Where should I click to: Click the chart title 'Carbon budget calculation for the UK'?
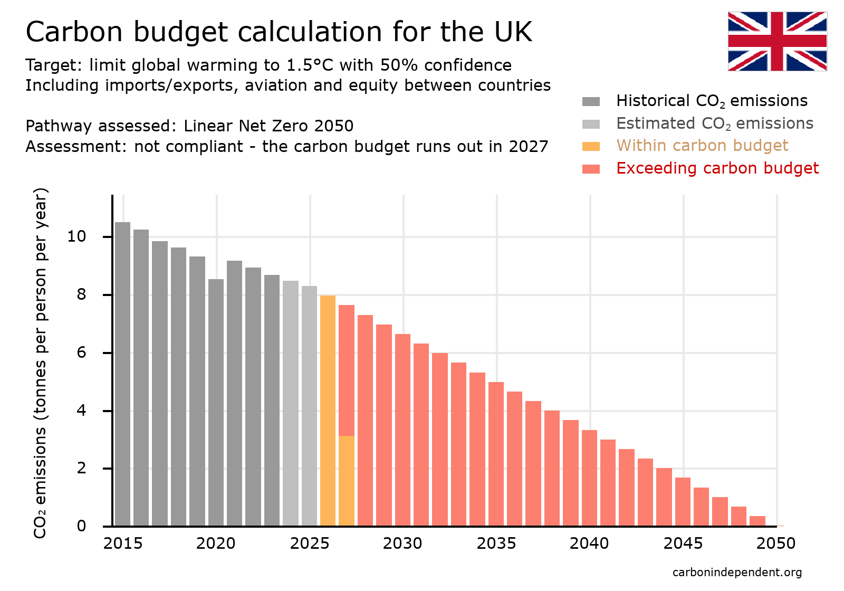[x=279, y=32]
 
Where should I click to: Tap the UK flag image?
[x=777, y=41]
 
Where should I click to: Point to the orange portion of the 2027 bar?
[x=347, y=480]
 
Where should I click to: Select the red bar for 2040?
[x=589, y=478]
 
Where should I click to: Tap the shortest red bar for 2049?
[x=757, y=521]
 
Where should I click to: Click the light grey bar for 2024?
[x=291, y=403]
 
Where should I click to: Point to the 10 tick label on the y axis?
[x=76, y=236]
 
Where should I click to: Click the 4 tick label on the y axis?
[x=81, y=411]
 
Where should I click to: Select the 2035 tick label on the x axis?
[x=496, y=544]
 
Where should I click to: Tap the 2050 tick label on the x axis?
[x=776, y=544]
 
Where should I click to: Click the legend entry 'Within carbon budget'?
[x=702, y=146]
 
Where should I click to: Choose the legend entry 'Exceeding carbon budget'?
[x=717, y=168]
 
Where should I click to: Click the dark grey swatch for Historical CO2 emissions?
[x=591, y=101]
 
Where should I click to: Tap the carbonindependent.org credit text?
[x=737, y=573]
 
